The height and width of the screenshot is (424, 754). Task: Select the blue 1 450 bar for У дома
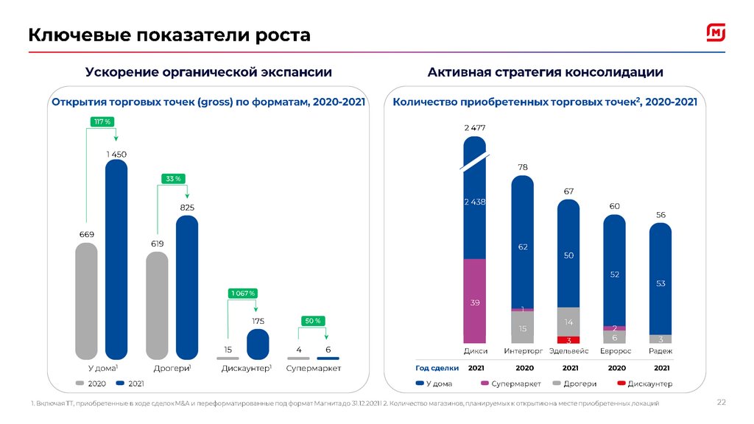click(116, 258)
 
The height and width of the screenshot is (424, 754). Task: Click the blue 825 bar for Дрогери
click(187, 287)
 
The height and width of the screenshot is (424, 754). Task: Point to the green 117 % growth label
click(102, 121)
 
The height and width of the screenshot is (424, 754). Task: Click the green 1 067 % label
click(243, 294)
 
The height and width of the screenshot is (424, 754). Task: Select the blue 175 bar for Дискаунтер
click(258, 344)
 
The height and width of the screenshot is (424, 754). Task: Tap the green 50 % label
click(313, 321)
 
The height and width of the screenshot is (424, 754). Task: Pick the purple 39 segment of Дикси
click(475, 302)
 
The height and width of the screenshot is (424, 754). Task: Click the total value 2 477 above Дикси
click(475, 127)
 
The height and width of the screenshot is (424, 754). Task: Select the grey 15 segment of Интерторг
click(522, 328)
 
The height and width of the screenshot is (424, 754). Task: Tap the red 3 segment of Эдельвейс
click(568, 340)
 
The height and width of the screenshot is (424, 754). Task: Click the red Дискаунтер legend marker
click(622, 384)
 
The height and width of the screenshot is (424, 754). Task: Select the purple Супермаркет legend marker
click(485, 384)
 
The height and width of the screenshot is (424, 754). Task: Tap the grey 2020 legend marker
click(80, 384)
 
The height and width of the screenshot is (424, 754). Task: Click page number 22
click(722, 402)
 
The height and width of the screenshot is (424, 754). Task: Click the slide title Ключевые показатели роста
click(169, 35)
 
